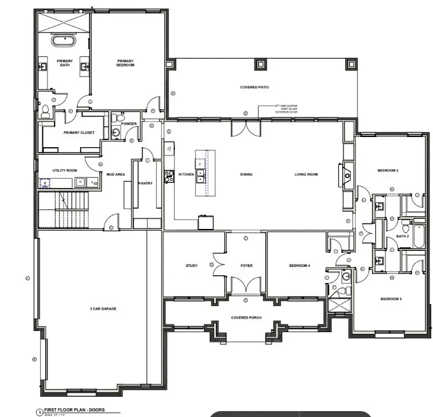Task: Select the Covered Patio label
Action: tap(254, 87)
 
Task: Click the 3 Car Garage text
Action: tap(95, 309)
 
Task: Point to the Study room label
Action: tap(191, 265)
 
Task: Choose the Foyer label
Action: tap(246, 265)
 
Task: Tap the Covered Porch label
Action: tap(246, 318)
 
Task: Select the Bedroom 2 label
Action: tap(388, 171)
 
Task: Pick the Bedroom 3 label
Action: tap(391, 298)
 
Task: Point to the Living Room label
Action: tap(307, 174)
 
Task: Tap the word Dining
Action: tap(246, 174)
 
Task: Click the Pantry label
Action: tap(145, 183)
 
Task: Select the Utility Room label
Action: tap(65, 170)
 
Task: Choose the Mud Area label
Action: tap(114, 174)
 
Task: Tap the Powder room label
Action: tap(129, 124)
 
